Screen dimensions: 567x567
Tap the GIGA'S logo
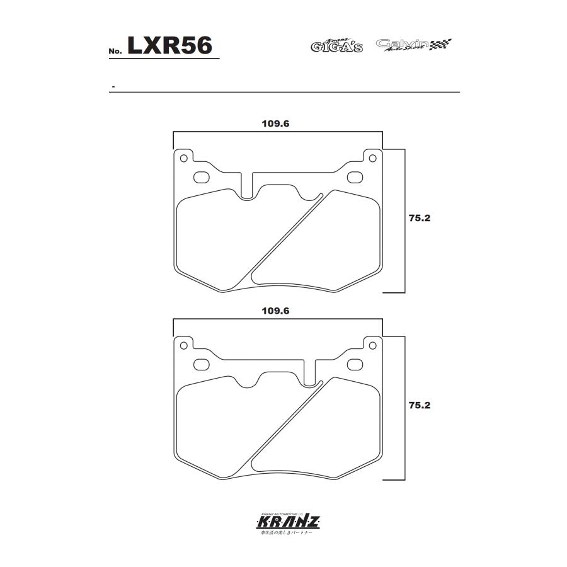(x=336, y=45)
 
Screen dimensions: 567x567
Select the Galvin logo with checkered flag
(x=414, y=44)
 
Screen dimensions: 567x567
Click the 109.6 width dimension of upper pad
(x=275, y=124)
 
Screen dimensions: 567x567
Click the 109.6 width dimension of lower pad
(x=275, y=311)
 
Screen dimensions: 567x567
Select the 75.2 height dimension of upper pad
(x=419, y=219)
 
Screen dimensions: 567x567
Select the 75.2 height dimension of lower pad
(x=419, y=406)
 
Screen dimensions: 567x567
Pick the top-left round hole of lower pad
(x=183, y=345)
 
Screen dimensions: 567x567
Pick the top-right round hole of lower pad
(x=372, y=345)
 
